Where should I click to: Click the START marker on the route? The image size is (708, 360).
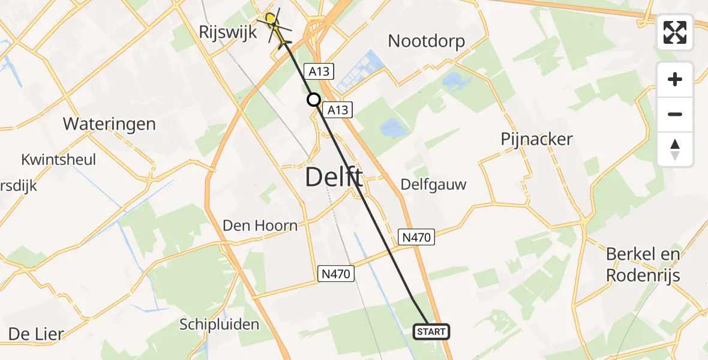point(431,332)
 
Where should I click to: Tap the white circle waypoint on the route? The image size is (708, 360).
point(313,100)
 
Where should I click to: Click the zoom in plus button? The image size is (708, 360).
point(675,79)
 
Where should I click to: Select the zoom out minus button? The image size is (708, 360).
point(675,114)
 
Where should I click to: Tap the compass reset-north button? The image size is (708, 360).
point(675,149)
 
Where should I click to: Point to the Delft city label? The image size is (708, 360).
point(334,178)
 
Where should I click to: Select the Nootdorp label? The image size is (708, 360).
point(427,41)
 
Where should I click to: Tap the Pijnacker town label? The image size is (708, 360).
point(537,139)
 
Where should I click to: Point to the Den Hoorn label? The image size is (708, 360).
point(260,226)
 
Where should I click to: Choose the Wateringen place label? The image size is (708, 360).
point(109,124)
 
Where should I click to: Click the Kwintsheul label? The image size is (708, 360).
point(58,160)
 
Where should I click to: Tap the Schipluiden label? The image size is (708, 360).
point(220,325)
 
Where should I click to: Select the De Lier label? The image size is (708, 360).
point(36,334)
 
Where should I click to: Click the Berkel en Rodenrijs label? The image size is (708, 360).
point(643,265)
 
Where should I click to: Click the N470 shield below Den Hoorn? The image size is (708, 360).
point(336,274)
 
